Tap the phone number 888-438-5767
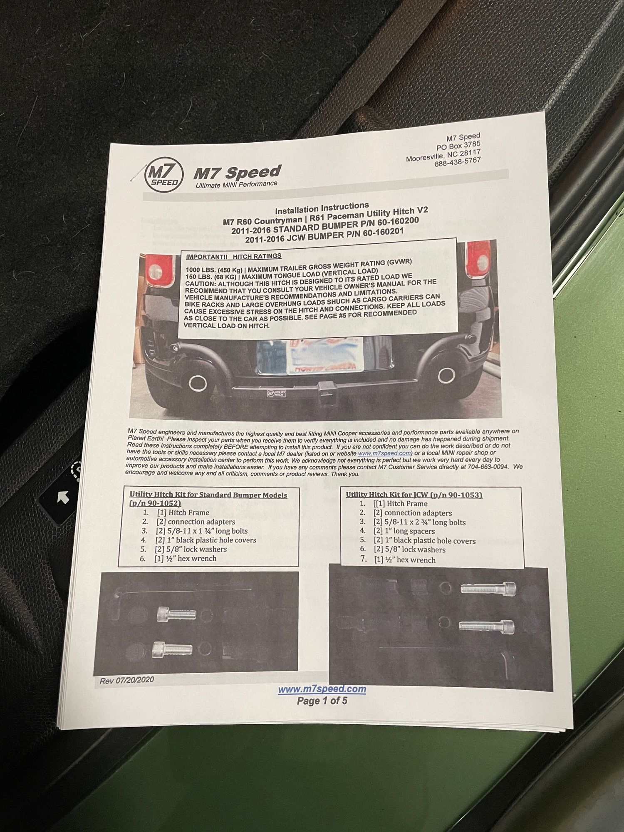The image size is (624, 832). (458, 161)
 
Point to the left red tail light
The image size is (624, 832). (159, 270)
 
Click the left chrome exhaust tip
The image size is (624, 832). (198, 383)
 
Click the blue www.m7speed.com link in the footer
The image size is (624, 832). (322, 689)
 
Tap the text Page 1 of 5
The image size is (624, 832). (322, 701)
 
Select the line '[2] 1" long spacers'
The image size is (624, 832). (404, 531)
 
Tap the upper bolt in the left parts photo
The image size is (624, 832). (176, 614)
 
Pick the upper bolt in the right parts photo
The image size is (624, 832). (488, 589)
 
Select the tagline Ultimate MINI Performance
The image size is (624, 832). (236, 184)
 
